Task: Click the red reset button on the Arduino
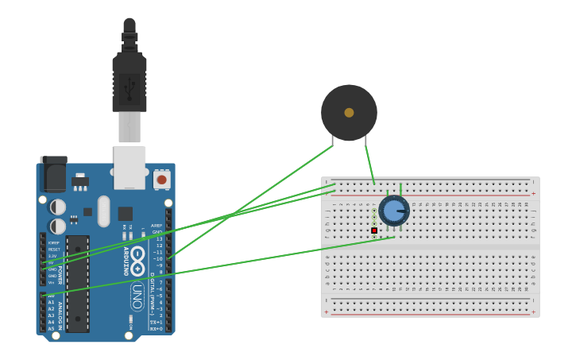pos(162,180)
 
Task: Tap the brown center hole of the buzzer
pos(349,113)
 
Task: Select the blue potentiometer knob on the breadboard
pos(393,211)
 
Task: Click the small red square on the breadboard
pos(374,230)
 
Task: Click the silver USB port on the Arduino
pos(130,167)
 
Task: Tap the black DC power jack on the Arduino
pos(53,175)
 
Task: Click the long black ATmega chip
pos(78,283)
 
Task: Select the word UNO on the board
pos(137,296)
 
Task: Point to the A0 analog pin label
pos(52,296)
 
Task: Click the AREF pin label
pos(157,226)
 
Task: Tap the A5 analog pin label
pos(52,328)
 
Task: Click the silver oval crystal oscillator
pos(104,211)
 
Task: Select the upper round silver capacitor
pos(58,207)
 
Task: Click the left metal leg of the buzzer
pos(332,143)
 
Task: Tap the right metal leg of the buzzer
pos(365,143)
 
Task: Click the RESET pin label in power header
pos(54,250)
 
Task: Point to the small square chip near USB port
pos(126,213)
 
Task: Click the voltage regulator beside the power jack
pos(79,181)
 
